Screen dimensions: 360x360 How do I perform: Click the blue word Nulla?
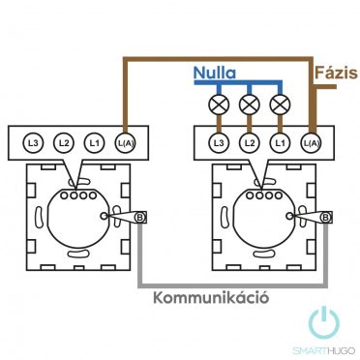tap(216, 73)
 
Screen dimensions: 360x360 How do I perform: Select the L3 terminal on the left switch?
tap(34, 142)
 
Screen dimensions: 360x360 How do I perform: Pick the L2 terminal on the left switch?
tap(64, 142)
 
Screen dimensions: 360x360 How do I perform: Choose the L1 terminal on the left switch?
tap(94, 142)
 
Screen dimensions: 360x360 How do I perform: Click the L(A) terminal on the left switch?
tap(125, 142)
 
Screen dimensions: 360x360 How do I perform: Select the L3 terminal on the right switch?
tap(220, 142)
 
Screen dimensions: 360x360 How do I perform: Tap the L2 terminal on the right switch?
tap(250, 142)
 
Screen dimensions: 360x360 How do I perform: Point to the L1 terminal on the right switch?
tap(280, 142)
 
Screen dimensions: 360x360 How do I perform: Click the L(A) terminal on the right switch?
tap(311, 142)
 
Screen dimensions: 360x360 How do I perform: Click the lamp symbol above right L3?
tap(220, 104)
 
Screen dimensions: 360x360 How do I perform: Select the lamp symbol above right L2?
tap(250, 104)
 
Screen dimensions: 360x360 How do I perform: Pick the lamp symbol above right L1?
tap(280, 104)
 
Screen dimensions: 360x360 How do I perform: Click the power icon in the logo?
tap(323, 323)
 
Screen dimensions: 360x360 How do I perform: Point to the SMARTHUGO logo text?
tap(323, 349)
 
